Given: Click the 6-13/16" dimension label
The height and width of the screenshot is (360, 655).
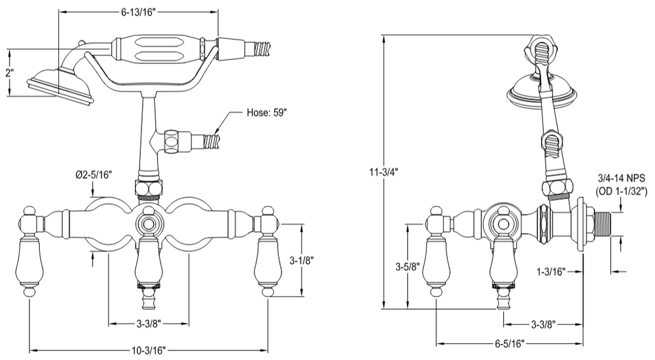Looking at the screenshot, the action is pos(138,12).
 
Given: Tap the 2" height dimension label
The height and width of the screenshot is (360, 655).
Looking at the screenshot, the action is pos(9,73).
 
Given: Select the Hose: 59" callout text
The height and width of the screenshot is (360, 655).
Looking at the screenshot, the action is pos(267,113).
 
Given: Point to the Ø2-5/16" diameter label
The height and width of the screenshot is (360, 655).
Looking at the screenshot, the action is pos(94,175).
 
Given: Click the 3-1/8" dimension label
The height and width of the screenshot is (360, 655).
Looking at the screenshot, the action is pos(302,260).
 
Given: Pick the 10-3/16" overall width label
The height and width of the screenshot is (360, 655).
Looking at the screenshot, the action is pos(149,350).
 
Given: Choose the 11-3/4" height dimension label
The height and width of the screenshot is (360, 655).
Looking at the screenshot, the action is pos(384,171).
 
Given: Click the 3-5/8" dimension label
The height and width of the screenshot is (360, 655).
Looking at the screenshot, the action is pos(407,267).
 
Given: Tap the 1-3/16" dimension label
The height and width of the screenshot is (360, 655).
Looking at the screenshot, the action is pos(551,272).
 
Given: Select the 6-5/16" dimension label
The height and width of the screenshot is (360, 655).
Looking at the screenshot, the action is pos(509,343).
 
